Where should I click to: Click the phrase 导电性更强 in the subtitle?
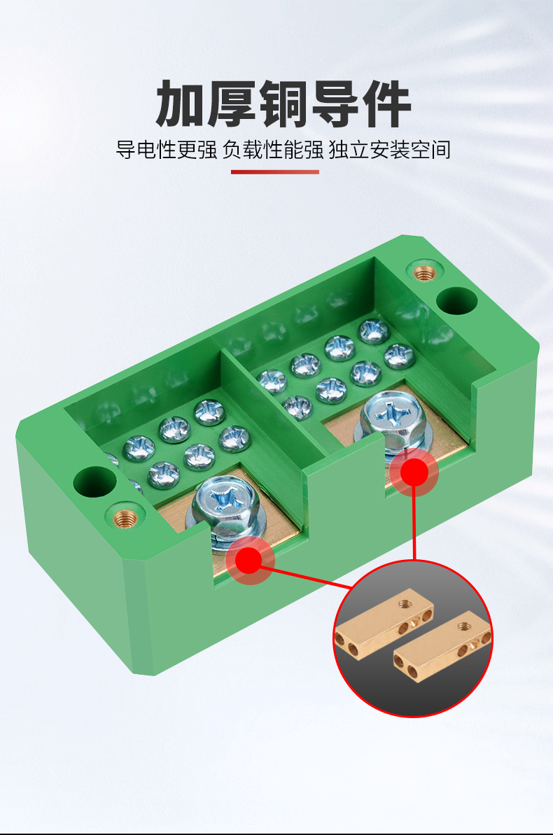167,150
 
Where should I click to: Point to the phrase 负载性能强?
273,150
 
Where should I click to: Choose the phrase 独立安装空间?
389,150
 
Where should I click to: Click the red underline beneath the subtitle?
275,172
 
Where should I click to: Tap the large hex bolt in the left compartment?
222,509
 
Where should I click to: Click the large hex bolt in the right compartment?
393,421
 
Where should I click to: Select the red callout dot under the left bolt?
248,560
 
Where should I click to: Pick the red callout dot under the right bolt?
414,472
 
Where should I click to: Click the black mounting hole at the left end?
94,482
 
